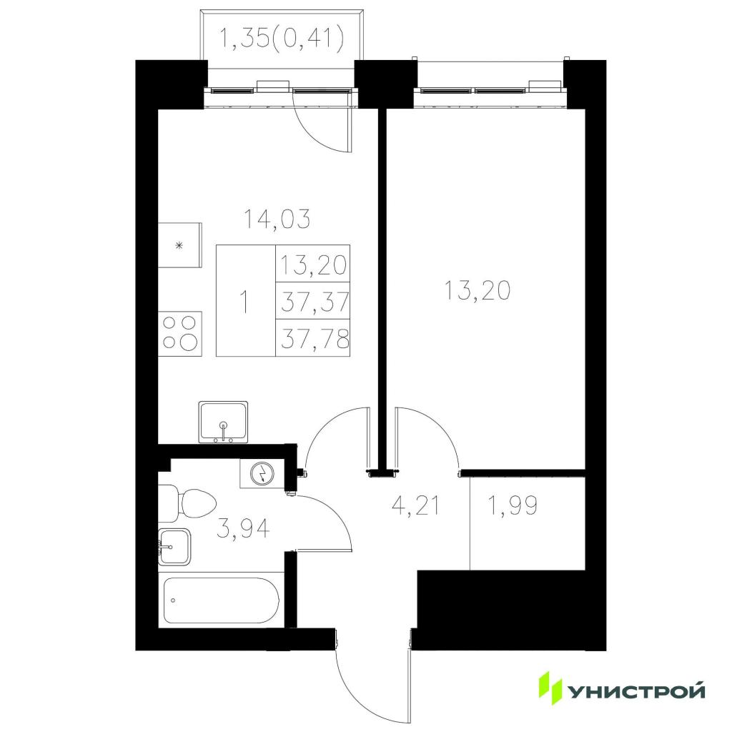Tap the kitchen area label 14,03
pos(277,219)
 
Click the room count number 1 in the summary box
pos(244,302)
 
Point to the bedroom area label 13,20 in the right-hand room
pos(478,290)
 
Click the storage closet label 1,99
pos(512,505)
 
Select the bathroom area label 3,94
pos(243,529)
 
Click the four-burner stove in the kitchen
pos(180,333)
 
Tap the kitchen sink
pos(223,422)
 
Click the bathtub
pos(222,600)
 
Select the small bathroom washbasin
pos(174,547)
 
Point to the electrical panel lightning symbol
pos(262,474)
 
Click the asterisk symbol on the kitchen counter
pos(178,246)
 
